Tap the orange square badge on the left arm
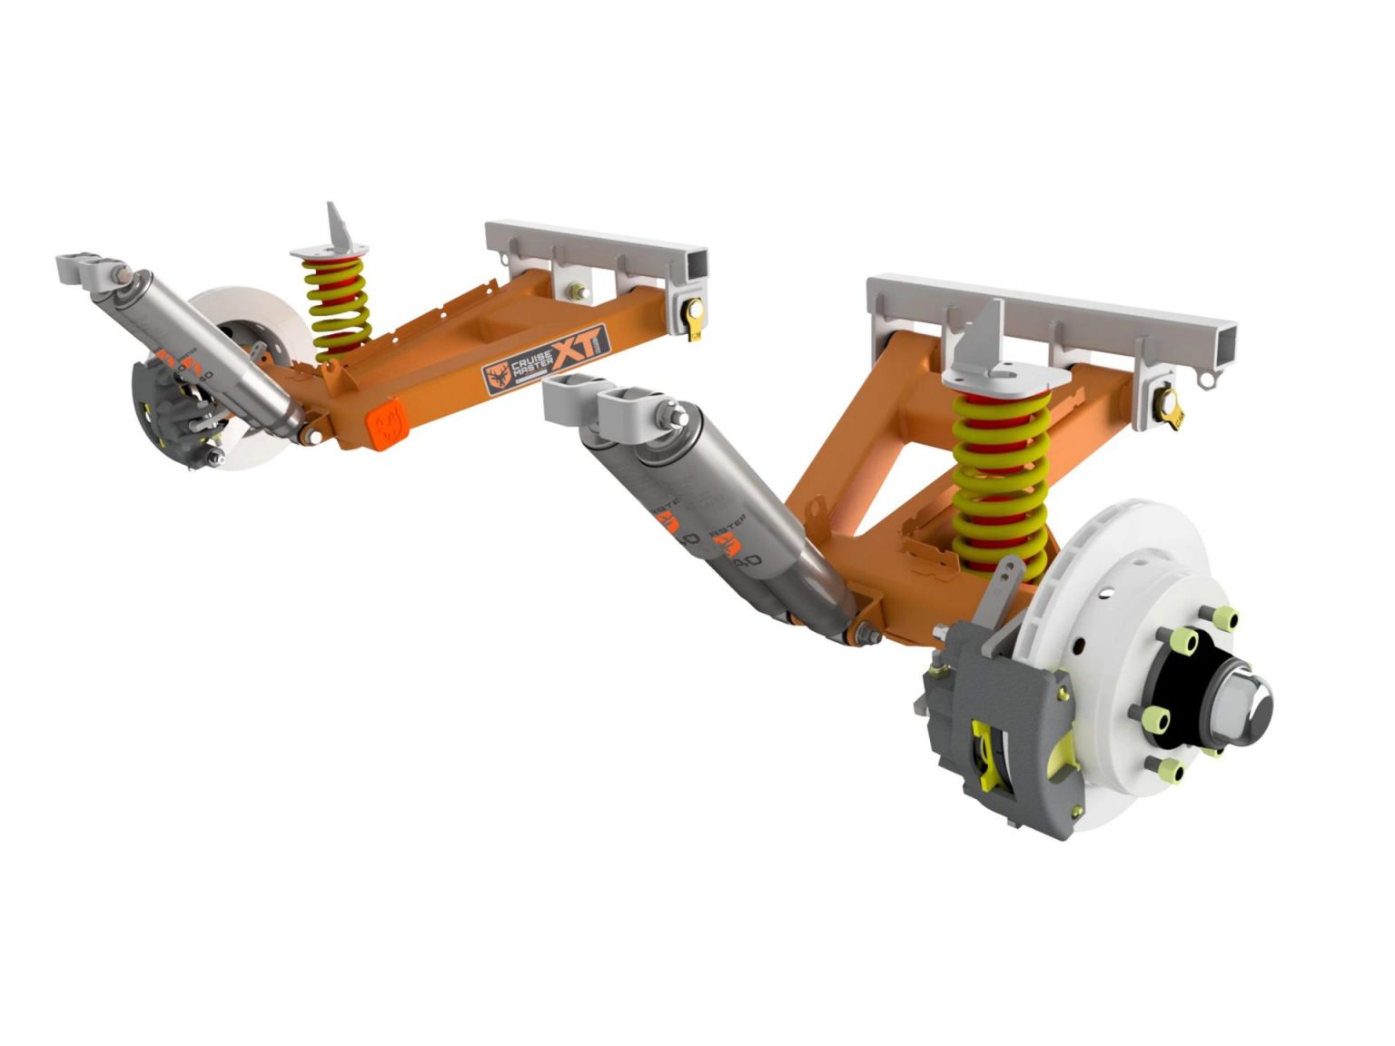385,424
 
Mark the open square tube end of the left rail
696,264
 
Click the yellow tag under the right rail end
1172,405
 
